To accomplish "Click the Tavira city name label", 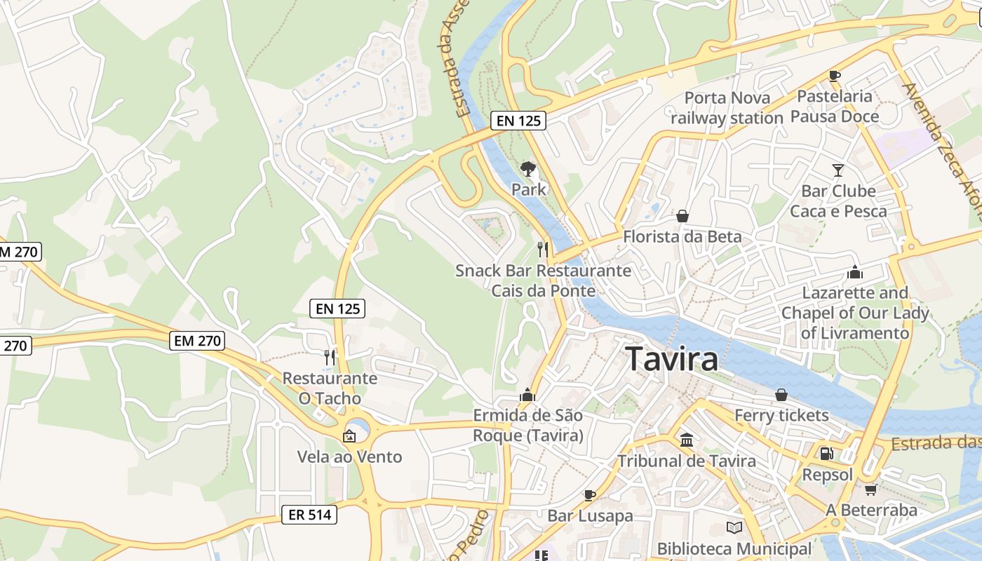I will pos(671,358).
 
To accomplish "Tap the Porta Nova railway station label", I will pos(727,108).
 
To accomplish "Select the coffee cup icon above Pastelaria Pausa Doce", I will pos(834,76).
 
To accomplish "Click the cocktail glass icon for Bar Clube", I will pos(838,170).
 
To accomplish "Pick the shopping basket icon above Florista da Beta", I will pos(682,216).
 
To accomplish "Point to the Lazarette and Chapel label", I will pos(855,312).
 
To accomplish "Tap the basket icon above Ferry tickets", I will pos(781,395).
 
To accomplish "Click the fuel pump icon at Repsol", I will pos(827,454).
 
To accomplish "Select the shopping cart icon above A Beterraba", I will pos(870,489).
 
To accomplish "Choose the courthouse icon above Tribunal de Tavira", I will pos(687,440).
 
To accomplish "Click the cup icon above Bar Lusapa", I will pos(590,495).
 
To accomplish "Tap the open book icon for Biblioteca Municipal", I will pos(734,527).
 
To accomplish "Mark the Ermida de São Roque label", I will pos(527,425).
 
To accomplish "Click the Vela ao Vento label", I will pos(349,457).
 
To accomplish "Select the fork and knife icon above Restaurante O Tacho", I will pos(329,357).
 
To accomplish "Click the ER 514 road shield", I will pos(309,514).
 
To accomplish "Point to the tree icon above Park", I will pos(528,168).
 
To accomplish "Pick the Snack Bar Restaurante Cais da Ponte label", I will pos(543,280).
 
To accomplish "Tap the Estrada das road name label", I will pos(936,444).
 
